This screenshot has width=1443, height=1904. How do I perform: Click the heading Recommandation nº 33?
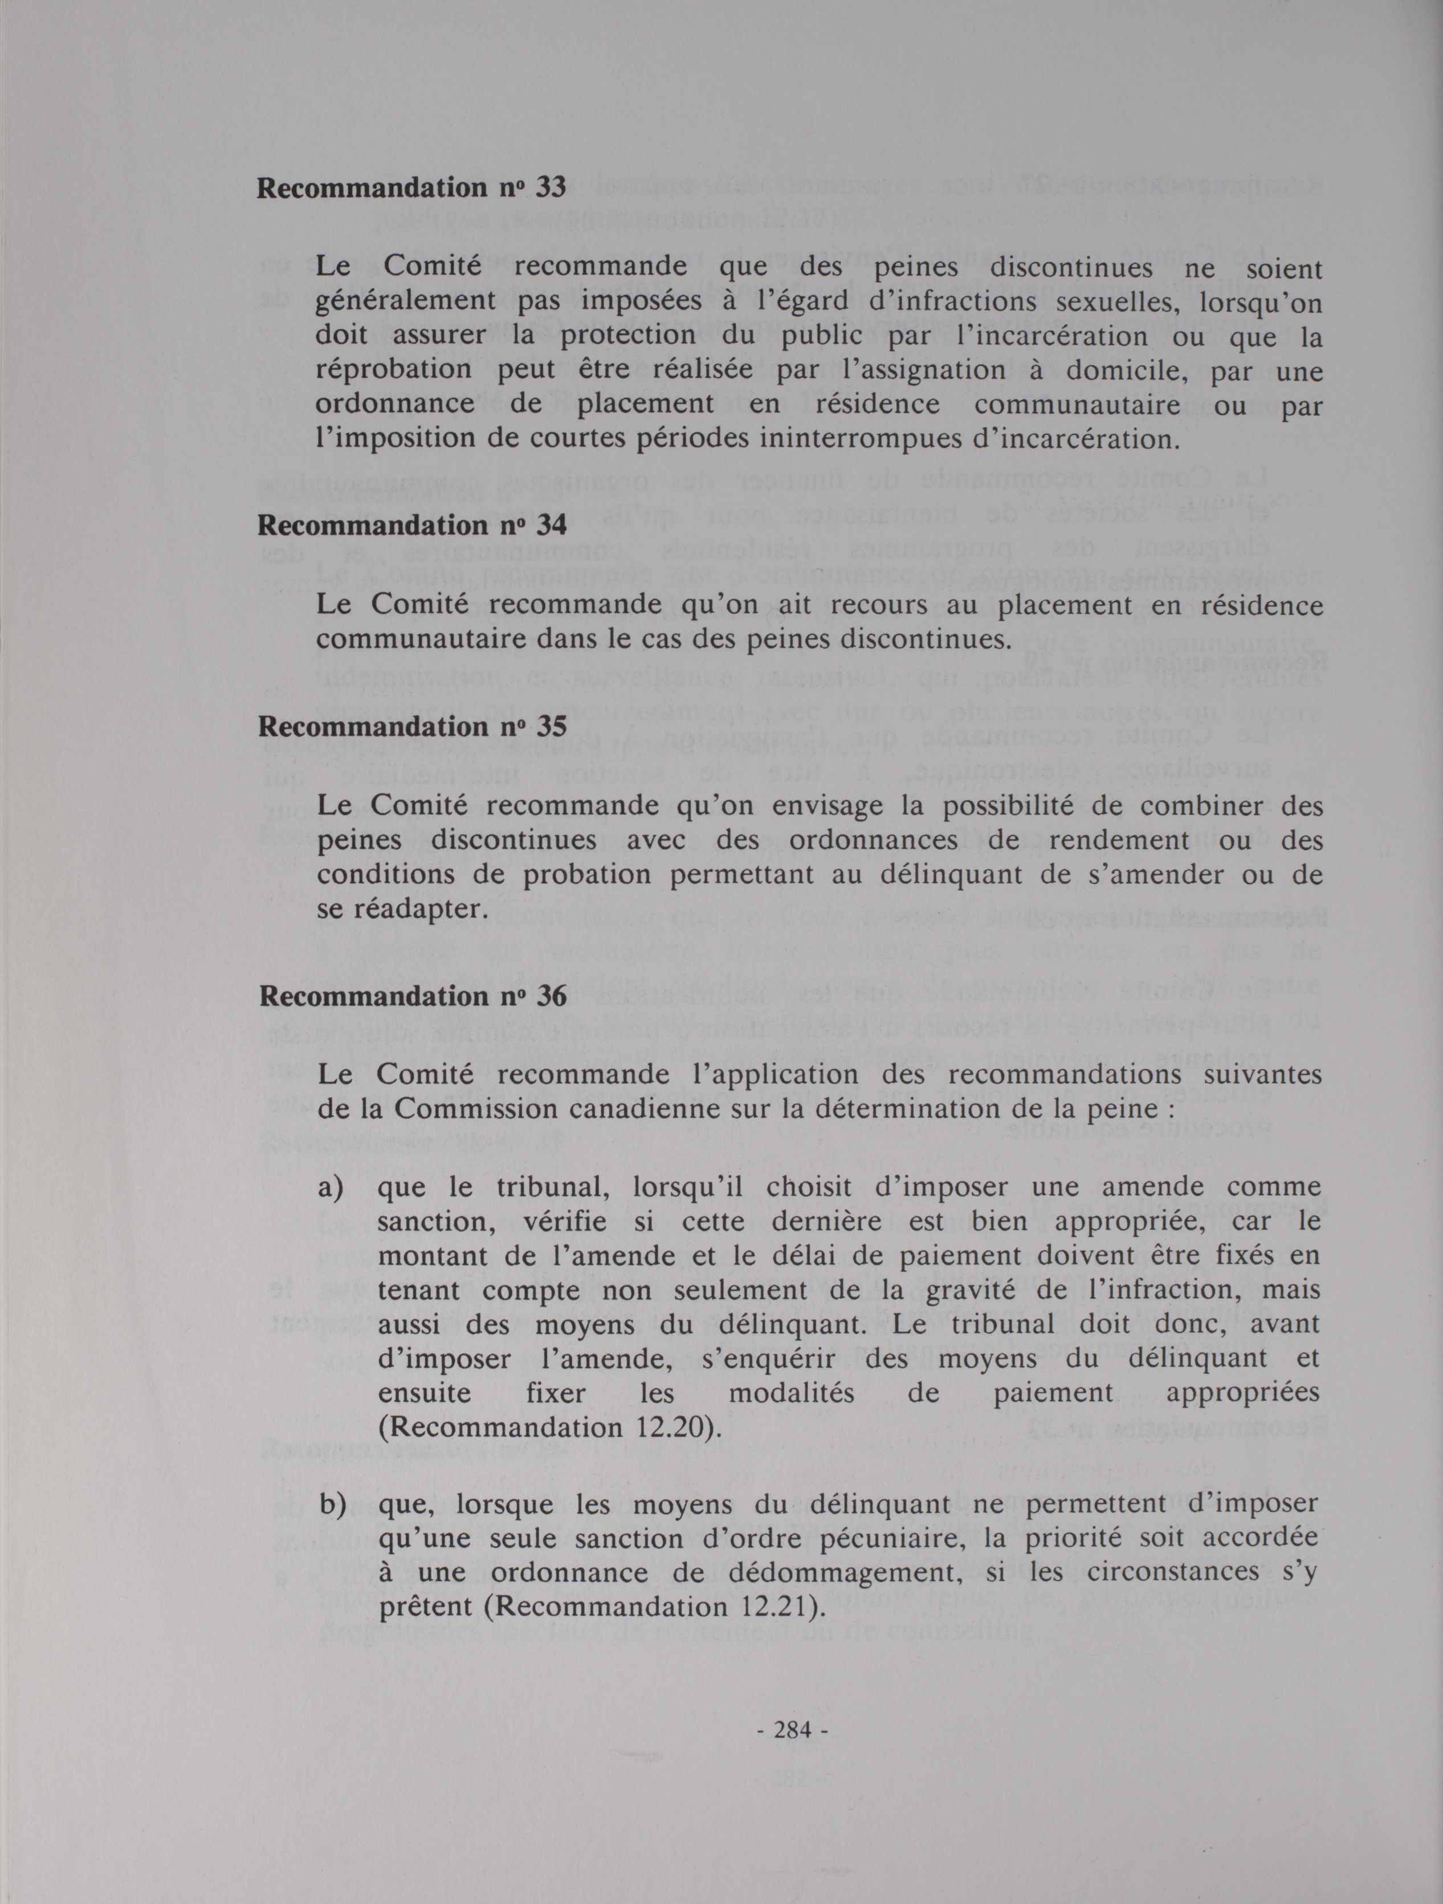pos(411,189)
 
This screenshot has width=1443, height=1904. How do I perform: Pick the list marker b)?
pos(332,1506)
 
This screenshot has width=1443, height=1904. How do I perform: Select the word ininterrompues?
pos(875,439)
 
